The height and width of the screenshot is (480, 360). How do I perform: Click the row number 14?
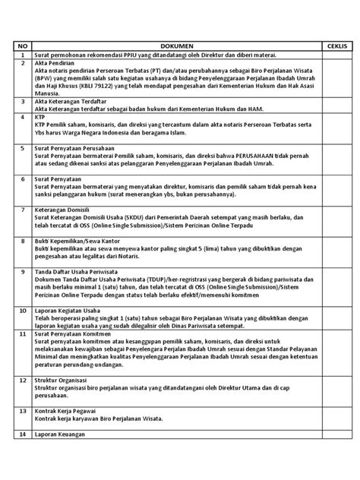pos(23,434)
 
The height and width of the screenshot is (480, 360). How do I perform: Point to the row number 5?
pos(23,147)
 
